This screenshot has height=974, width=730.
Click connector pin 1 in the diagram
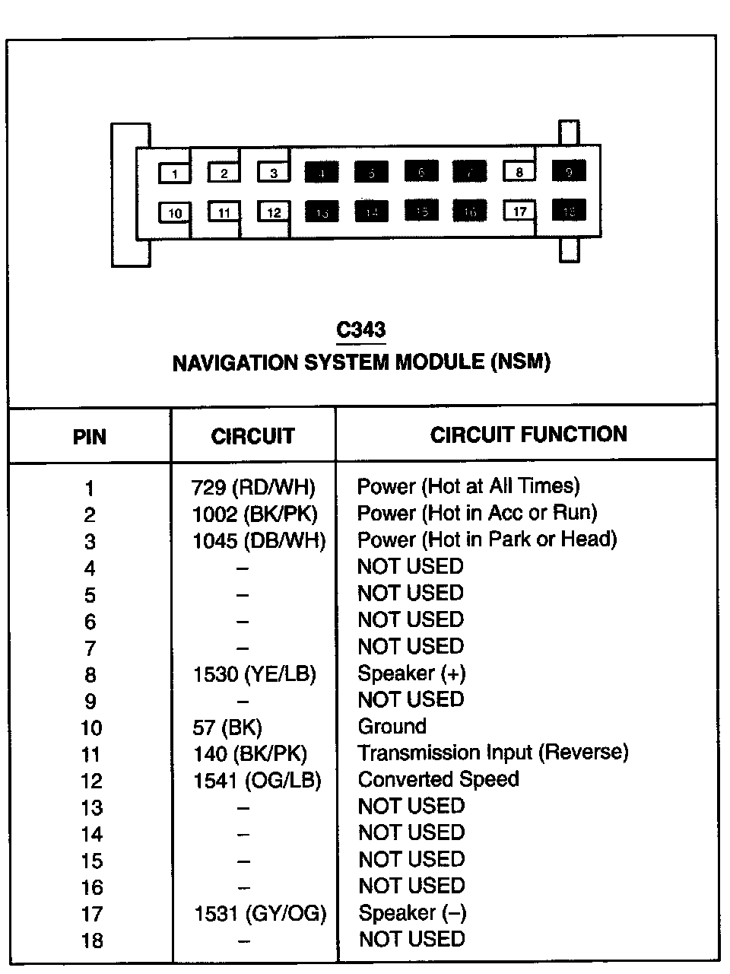point(175,173)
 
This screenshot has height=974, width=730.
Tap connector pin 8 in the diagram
point(519,172)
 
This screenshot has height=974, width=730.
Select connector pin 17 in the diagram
point(519,211)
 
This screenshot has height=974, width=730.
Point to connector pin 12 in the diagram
point(274,212)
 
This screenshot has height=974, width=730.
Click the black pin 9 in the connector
point(569,172)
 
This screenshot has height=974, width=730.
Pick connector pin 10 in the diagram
point(175,212)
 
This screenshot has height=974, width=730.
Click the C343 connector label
point(361,330)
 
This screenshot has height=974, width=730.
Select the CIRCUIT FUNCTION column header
point(528,434)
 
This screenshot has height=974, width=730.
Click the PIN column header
point(89,438)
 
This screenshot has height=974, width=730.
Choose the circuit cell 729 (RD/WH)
point(253,487)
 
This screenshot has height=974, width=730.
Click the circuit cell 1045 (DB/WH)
point(259,541)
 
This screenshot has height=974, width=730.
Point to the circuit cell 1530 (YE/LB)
point(254,674)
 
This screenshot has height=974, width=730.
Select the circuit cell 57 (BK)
point(227,727)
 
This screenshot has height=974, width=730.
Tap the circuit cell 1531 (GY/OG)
point(260,913)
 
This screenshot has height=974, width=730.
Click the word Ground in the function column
point(392,727)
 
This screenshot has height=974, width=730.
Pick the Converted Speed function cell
point(438,780)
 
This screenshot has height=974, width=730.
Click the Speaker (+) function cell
point(411,673)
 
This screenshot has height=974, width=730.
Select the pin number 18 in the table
point(91,941)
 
